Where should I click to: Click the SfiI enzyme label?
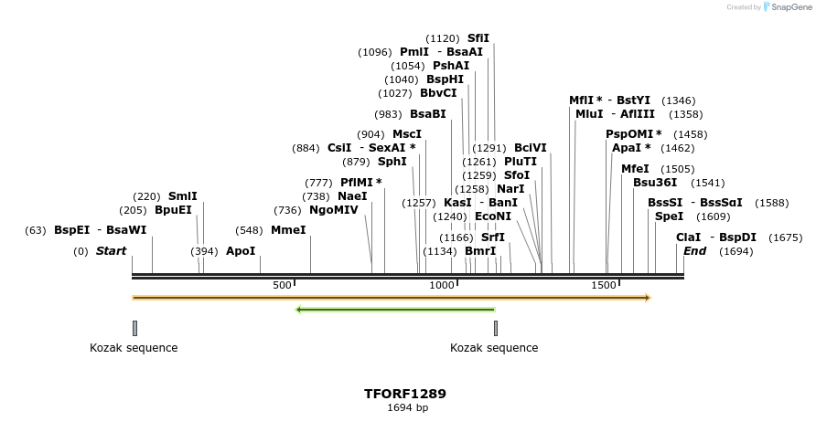coord(478,38)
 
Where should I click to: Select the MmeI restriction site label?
coord(288,230)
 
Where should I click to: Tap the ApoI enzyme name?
coord(241,251)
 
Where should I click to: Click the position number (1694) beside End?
coord(736,251)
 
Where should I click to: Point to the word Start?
coord(111,251)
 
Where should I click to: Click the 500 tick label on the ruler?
coord(282,286)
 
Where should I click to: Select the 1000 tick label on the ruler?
coord(443,286)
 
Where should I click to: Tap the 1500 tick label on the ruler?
coord(604,286)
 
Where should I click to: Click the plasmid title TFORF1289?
coord(405,394)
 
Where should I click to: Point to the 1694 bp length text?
coord(407,408)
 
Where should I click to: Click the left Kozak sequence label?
coord(134,348)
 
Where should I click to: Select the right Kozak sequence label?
coord(494,348)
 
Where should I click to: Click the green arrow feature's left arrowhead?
coord(298,310)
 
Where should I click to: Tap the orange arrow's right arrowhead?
coord(647,298)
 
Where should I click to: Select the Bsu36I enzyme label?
coord(655,183)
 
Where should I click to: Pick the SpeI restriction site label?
coord(669,216)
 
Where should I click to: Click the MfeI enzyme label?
coord(635,169)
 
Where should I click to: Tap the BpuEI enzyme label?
coord(173,210)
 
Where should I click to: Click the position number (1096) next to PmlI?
coord(375,52)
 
